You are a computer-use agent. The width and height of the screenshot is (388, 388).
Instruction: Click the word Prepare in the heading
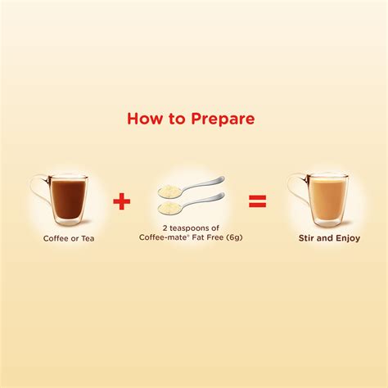[x=222, y=119]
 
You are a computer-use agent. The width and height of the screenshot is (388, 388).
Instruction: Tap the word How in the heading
[x=145, y=119]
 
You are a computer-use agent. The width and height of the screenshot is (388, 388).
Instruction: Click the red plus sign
[x=121, y=201]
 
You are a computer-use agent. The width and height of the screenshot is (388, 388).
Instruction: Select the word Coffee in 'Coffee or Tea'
[x=56, y=239]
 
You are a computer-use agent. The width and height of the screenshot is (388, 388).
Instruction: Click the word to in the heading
[x=176, y=119]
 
